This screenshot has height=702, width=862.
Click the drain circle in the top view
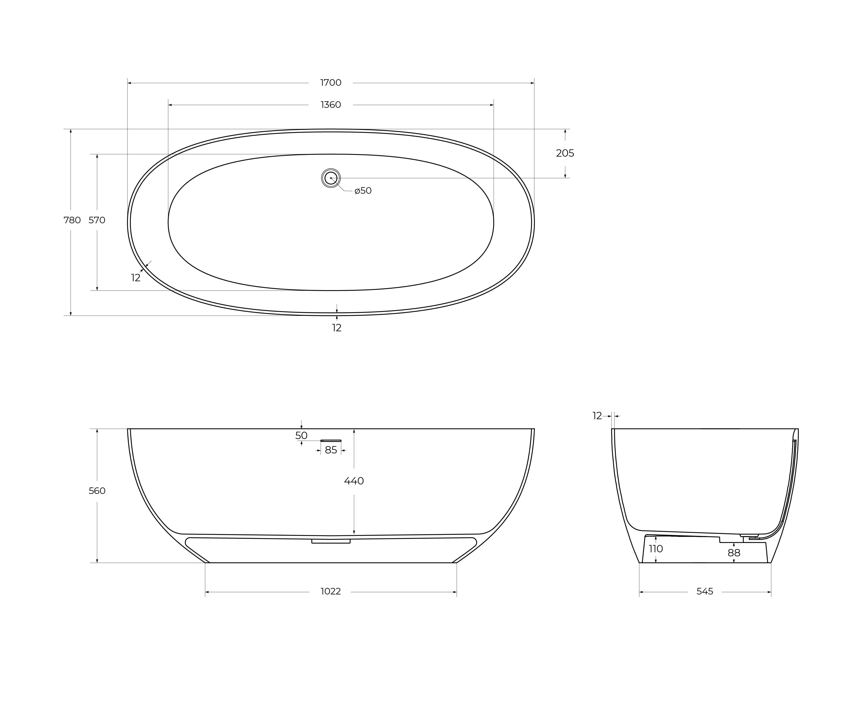tap(331, 178)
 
